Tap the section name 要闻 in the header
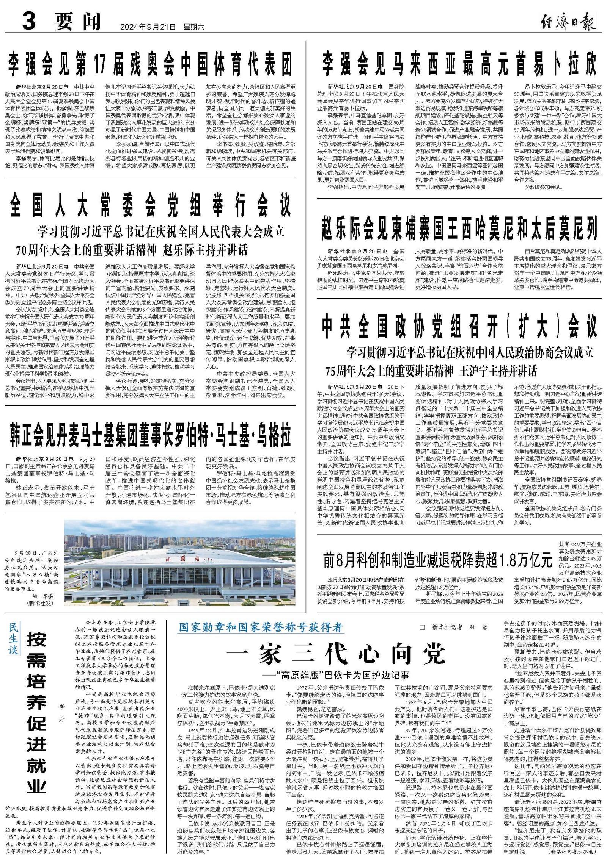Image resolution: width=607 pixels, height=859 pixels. pos(77,21)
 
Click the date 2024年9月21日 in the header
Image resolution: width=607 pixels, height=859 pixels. pos(148,27)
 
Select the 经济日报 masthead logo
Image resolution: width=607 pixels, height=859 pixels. pos(568,22)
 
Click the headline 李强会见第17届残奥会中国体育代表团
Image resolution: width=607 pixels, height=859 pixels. pos(151,64)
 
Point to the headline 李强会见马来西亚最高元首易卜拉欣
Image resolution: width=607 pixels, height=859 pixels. pos(459,64)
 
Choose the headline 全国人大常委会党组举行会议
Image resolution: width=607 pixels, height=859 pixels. pos(151,204)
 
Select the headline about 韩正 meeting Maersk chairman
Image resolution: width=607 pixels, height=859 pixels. pos(151,436)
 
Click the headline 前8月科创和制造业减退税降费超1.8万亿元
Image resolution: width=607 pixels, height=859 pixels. pos(437,560)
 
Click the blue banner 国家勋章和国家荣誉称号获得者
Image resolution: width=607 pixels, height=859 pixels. pos(261,627)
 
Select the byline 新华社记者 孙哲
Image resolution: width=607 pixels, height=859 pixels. pos(459,627)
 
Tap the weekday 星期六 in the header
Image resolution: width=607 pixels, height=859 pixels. pos(193,27)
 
